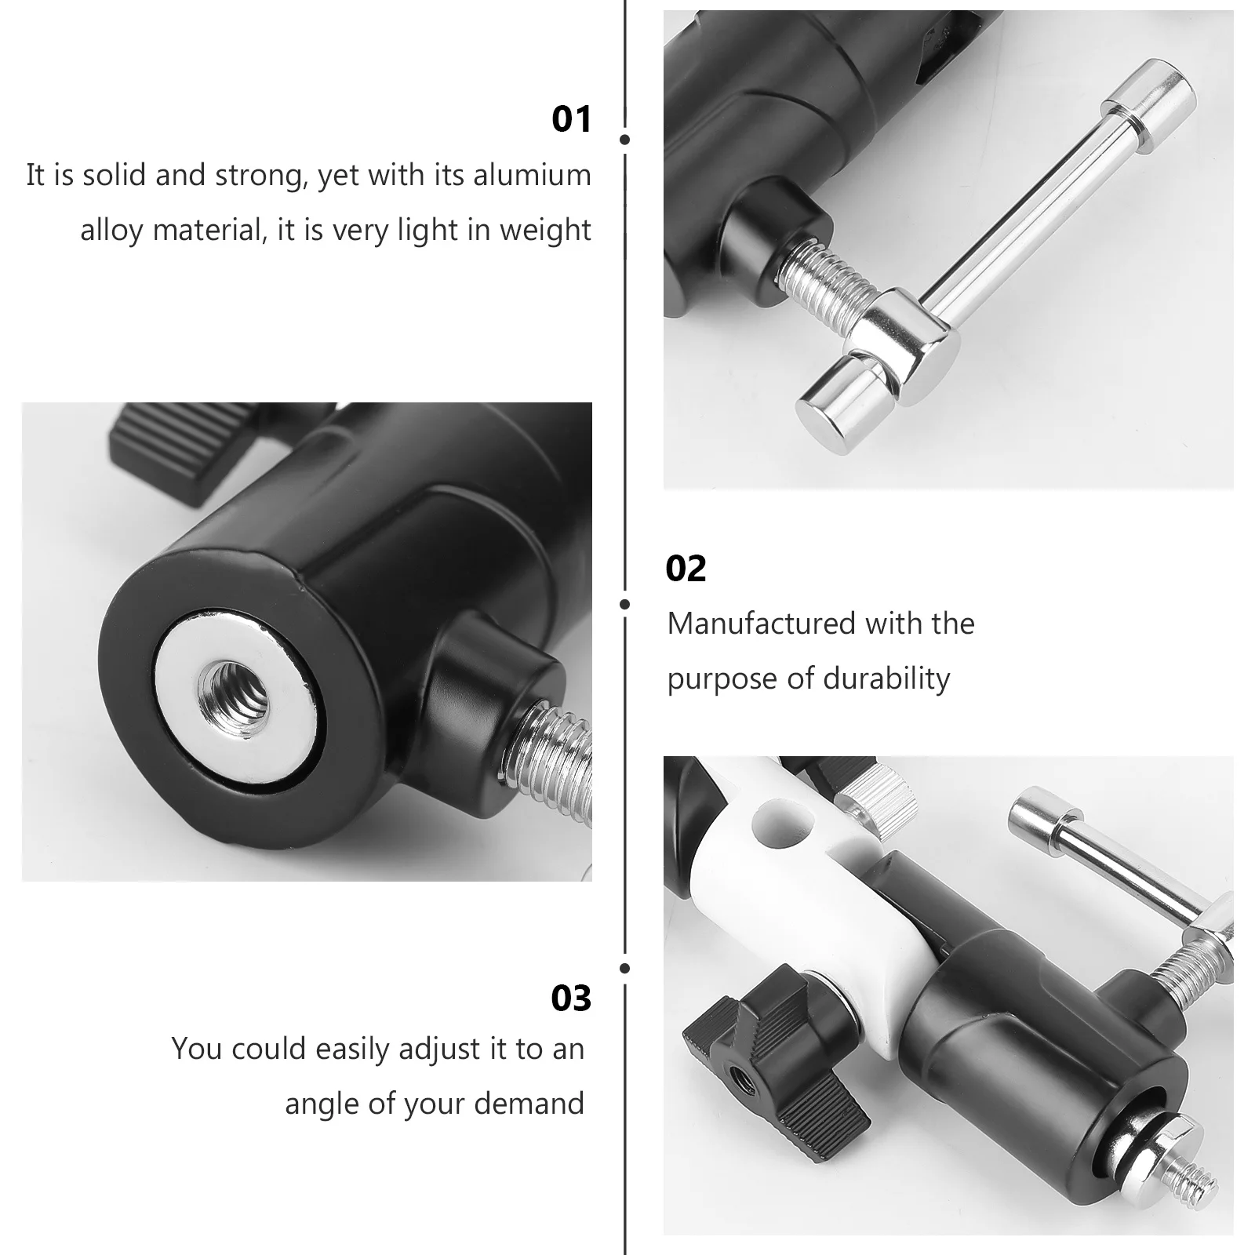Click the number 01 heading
pyautogui.click(x=571, y=119)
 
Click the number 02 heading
pyautogui.click(x=686, y=569)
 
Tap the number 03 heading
pyautogui.click(x=571, y=999)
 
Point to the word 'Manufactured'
pyautogui.click(x=750, y=624)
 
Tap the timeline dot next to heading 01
pyautogui.click(x=624, y=140)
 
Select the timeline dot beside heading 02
pyautogui.click(x=624, y=604)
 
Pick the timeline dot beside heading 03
pyautogui.click(x=624, y=969)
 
